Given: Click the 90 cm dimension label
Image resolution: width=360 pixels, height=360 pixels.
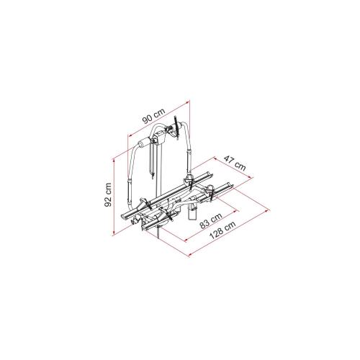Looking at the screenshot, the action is coord(154,116).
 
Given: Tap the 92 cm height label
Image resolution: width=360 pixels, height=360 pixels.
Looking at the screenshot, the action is coord(108,194).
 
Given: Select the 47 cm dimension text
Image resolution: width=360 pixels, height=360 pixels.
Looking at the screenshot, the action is coord(235,163).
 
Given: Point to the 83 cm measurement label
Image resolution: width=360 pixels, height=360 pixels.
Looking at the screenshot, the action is coord(211,220).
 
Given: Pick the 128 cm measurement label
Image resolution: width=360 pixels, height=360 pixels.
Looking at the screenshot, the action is coord(222,230).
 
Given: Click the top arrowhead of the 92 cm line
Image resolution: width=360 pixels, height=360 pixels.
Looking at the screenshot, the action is coord(114,160).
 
